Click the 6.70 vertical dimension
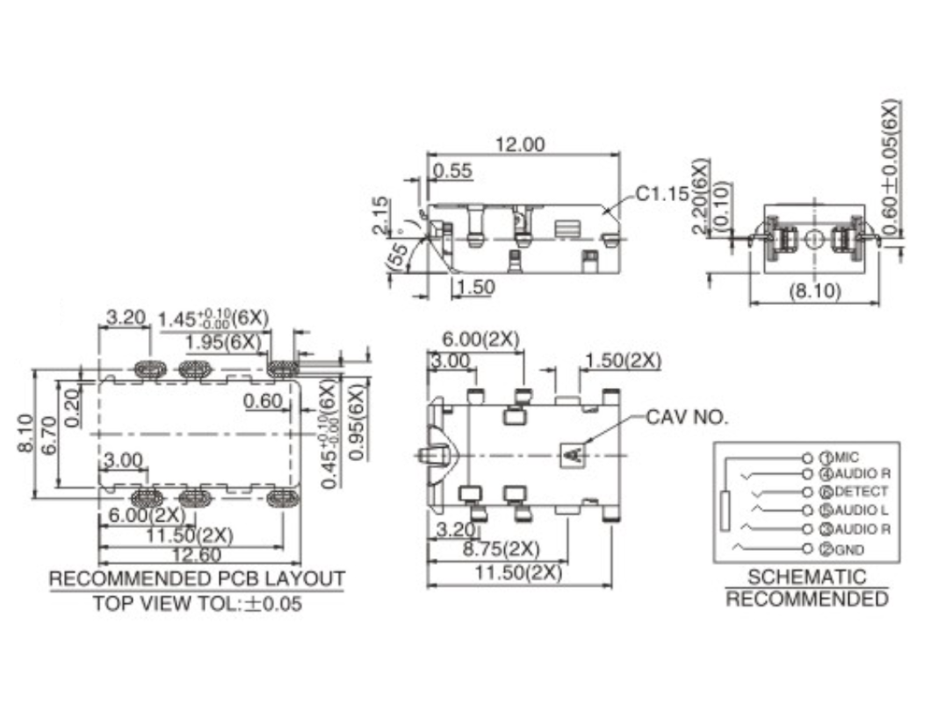[x=49, y=434]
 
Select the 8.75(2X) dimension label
[x=502, y=549]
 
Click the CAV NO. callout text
[x=687, y=417]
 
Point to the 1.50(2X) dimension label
[x=622, y=360]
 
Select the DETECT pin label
[x=861, y=492]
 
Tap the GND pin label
[x=848, y=550]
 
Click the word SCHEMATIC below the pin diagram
[x=806, y=577]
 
